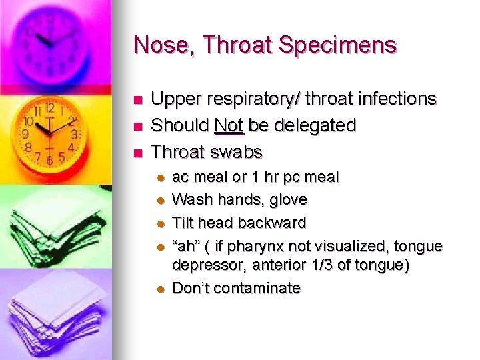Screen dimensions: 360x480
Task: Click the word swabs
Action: [x=237, y=151]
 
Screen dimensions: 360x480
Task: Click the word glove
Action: [x=287, y=199]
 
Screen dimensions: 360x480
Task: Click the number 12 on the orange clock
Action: [x=49, y=108]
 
